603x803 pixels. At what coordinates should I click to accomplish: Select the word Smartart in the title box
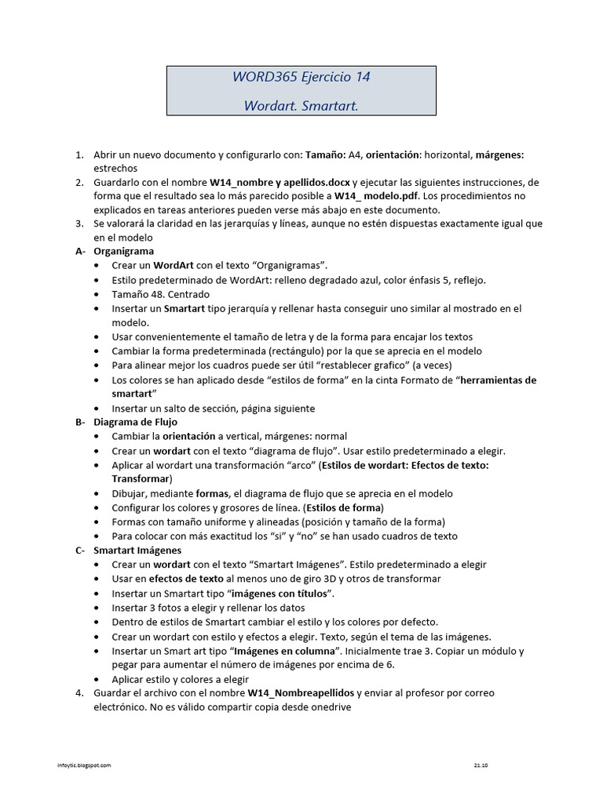[x=330, y=105]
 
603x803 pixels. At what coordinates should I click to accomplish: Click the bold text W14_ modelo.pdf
[x=376, y=196]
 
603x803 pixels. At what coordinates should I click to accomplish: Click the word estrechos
[x=115, y=168]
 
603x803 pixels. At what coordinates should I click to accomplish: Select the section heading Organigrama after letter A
[x=124, y=252]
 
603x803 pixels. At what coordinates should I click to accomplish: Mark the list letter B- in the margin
[x=80, y=422]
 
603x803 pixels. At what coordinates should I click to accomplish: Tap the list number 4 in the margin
[x=79, y=693]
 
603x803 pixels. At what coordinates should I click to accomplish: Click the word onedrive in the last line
[x=331, y=707]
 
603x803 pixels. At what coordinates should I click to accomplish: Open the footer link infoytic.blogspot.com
[x=86, y=765]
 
